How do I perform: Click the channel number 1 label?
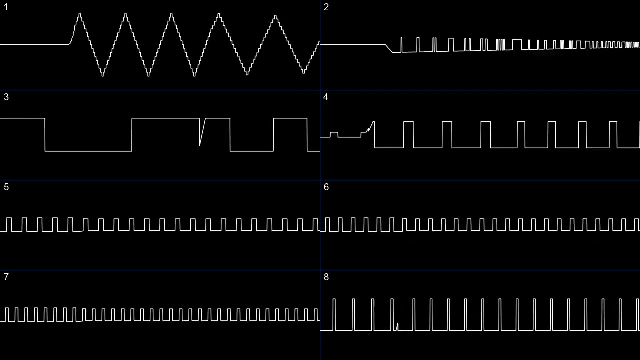[6, 7]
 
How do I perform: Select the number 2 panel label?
[326, 7]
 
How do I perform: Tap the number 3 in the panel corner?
[6, 97]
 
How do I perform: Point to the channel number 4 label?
[326, 97]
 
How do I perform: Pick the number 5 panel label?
[6, 187]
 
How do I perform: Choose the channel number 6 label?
[326, 187]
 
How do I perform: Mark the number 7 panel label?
[6, 277]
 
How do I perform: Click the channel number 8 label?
[326, 277]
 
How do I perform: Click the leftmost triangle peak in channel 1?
[79, 15]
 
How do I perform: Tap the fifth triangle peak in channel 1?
[275, 16]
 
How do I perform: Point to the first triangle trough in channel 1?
[102, 75]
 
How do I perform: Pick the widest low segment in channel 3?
[88, 150]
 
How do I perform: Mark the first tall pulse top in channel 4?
[408, 121]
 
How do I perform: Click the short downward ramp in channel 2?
[389, 48]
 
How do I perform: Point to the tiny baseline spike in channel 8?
[397, 326]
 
